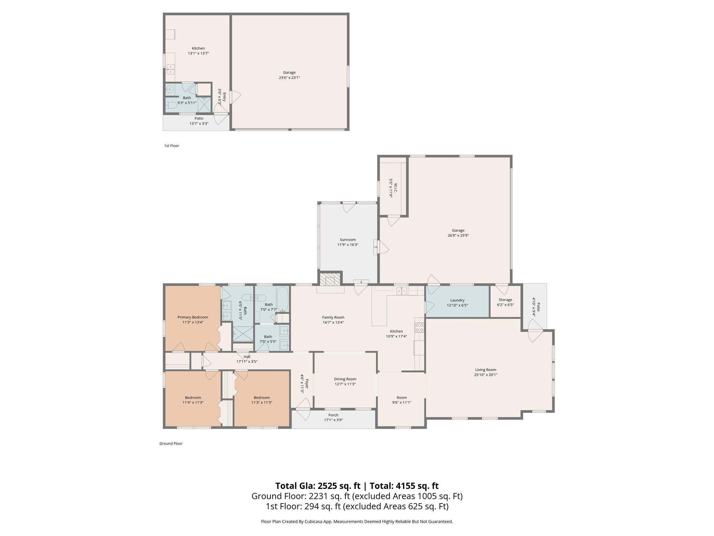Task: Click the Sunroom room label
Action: point(348,240)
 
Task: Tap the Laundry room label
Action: point(457,300)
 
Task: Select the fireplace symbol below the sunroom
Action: point(330,280)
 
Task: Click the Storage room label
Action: point(505,300)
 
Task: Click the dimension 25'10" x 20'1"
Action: point(485,375)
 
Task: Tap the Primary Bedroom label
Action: point(193,317)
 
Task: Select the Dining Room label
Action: point(345,379)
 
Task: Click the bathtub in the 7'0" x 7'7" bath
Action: point(283,299)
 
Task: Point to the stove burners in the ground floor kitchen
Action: point(419,327)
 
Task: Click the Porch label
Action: point(333,415)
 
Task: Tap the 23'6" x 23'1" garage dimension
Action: point(289,78)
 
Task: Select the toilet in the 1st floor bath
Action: point(171,105)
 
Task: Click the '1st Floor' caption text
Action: point(172,146)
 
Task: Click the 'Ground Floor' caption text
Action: point(171,444)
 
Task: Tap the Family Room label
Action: point(333,318)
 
